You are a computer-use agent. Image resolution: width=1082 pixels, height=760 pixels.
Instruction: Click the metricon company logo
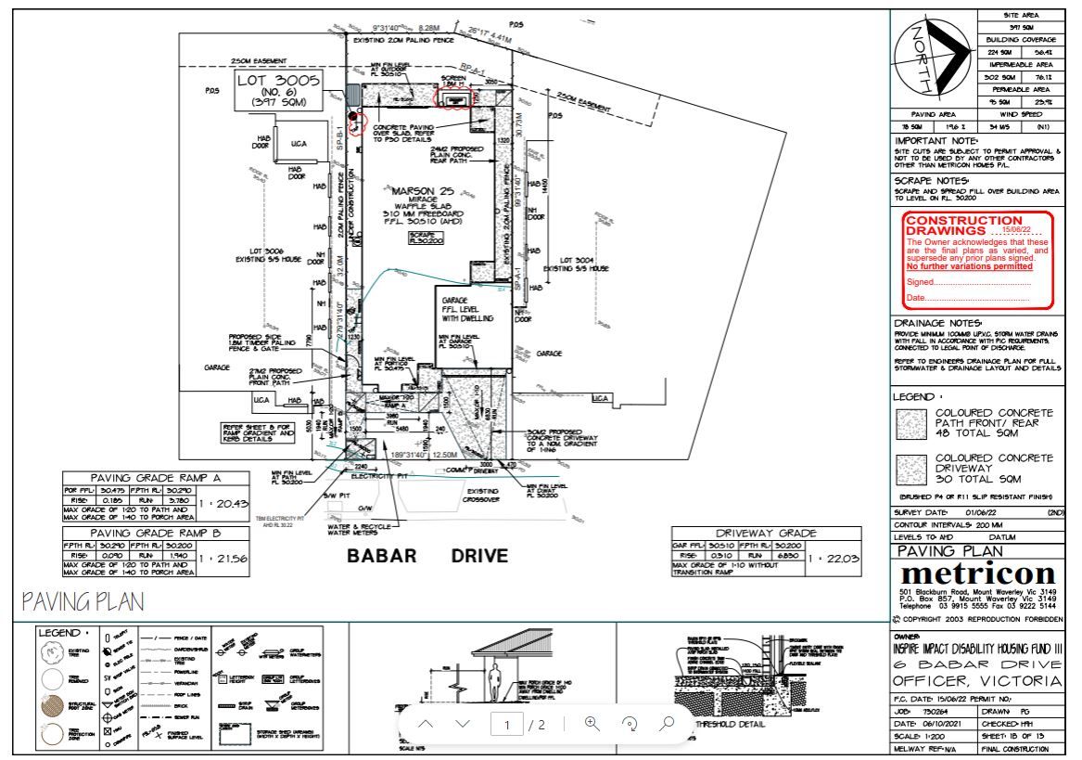point(976,573)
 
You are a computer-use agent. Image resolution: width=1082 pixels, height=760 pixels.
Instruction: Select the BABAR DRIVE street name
point(427,557)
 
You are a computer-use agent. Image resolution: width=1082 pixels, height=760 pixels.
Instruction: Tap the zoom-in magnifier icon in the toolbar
point(592,724)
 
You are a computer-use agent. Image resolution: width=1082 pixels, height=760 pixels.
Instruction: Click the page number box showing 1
point(506,725)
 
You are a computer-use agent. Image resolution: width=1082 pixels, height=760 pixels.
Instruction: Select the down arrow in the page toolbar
point(464,724)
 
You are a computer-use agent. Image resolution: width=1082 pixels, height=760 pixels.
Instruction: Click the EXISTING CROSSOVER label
point(483,495)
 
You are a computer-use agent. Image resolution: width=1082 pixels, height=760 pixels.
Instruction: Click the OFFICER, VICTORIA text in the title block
point(976,682)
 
